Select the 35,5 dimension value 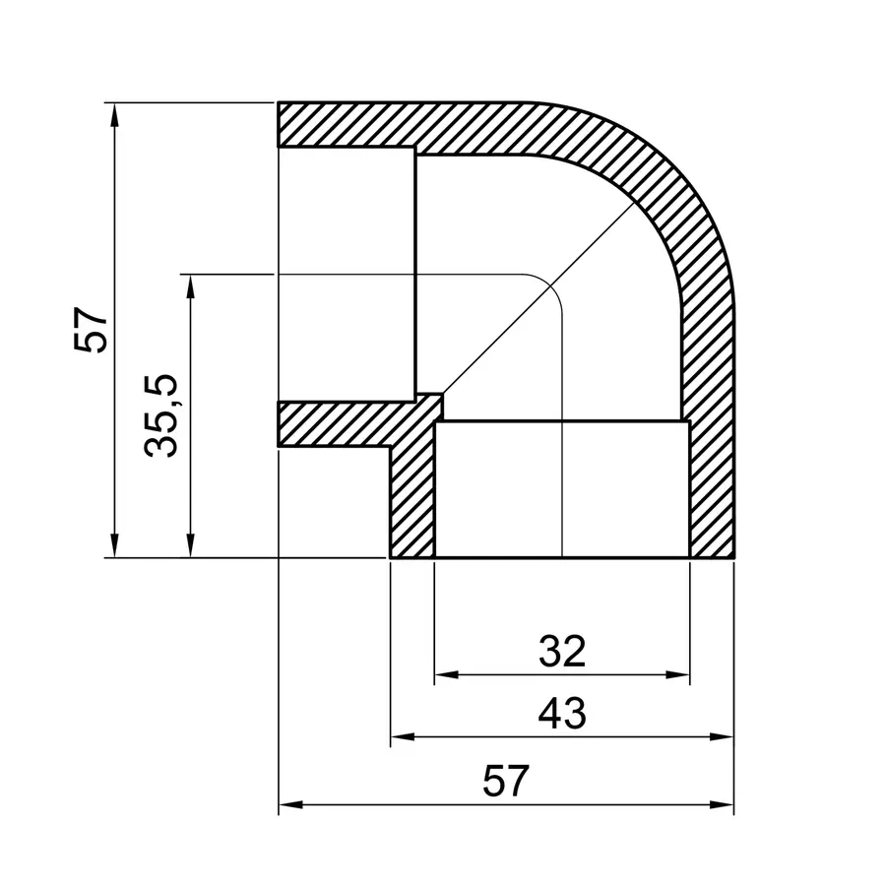(x=160, y=414)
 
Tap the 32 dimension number (x=562, y=651)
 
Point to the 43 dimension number (x=562, y=712)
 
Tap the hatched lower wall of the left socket (x=335, y=424)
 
